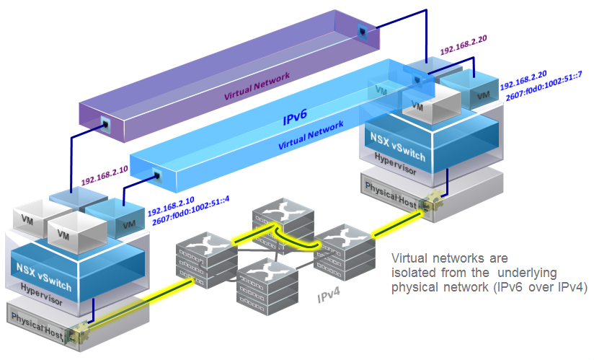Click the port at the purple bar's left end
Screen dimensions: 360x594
[106, 123]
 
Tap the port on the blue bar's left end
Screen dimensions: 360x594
[156, 174]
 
